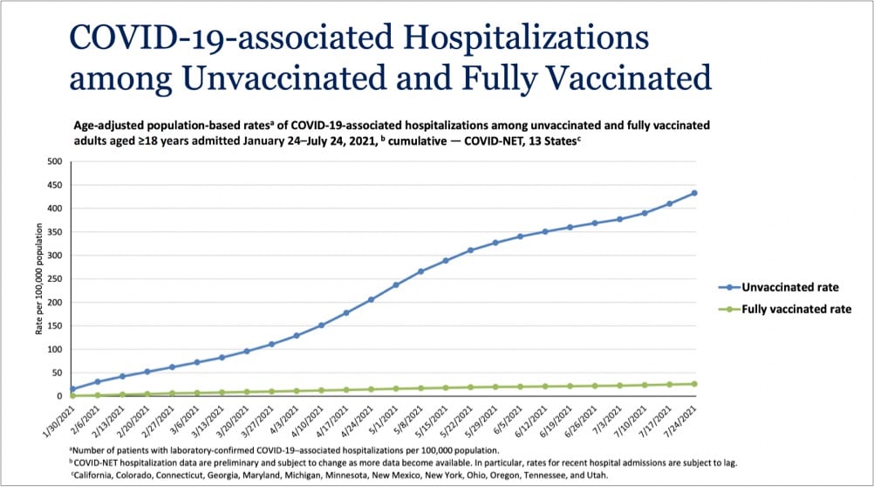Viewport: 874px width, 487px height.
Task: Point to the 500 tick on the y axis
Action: tap(55, 161)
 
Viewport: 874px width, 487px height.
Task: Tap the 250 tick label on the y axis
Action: tap(55, 279)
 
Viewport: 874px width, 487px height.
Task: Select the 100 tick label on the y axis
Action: tap(55, 349)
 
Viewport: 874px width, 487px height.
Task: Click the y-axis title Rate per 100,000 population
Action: tap(38, 279)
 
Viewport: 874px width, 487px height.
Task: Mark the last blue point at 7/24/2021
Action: tap(694, 193)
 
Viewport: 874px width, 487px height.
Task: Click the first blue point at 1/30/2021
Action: tap(72, 389)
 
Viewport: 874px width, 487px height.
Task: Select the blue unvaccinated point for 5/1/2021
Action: tap(396, 285)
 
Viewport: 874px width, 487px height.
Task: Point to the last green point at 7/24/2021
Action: tap(694, 384)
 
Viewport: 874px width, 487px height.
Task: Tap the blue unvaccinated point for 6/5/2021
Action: tap(520, 237)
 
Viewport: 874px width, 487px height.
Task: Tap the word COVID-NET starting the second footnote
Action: tap(99, 462)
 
